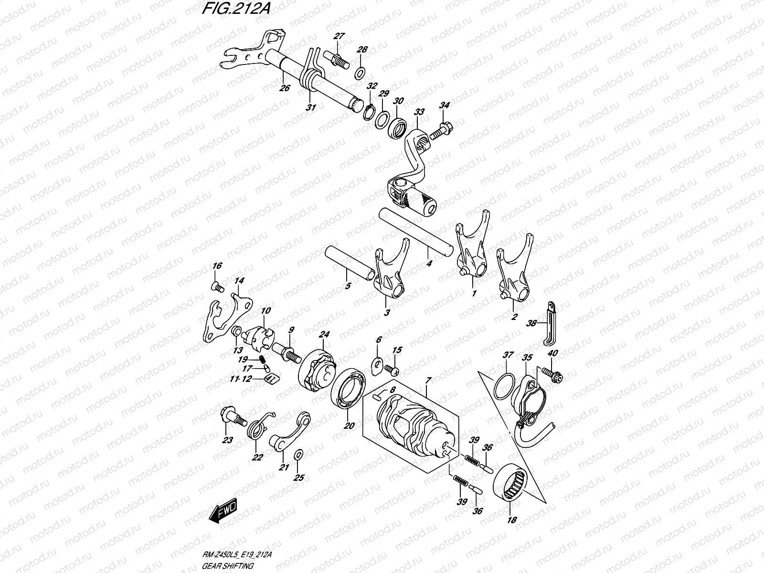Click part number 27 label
tap(339, 36)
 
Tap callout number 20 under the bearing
tap(350, 425)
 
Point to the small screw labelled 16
tap(217, 286)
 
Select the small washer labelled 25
tap(298, 454)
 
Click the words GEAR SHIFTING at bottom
tap(227, 565)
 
